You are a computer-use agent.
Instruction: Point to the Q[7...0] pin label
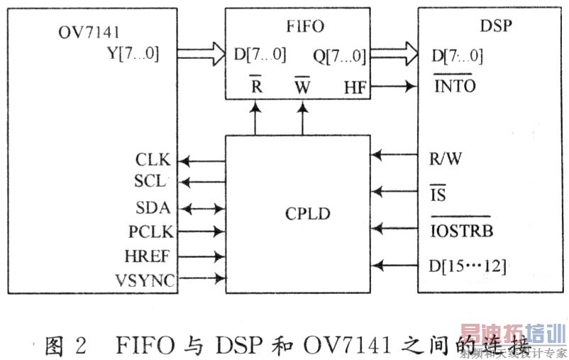tap(339, 53)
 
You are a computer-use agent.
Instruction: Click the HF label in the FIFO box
tap(355, 88)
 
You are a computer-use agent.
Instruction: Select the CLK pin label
tap(153, 159)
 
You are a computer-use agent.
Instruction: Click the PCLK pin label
tap(150, 231)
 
